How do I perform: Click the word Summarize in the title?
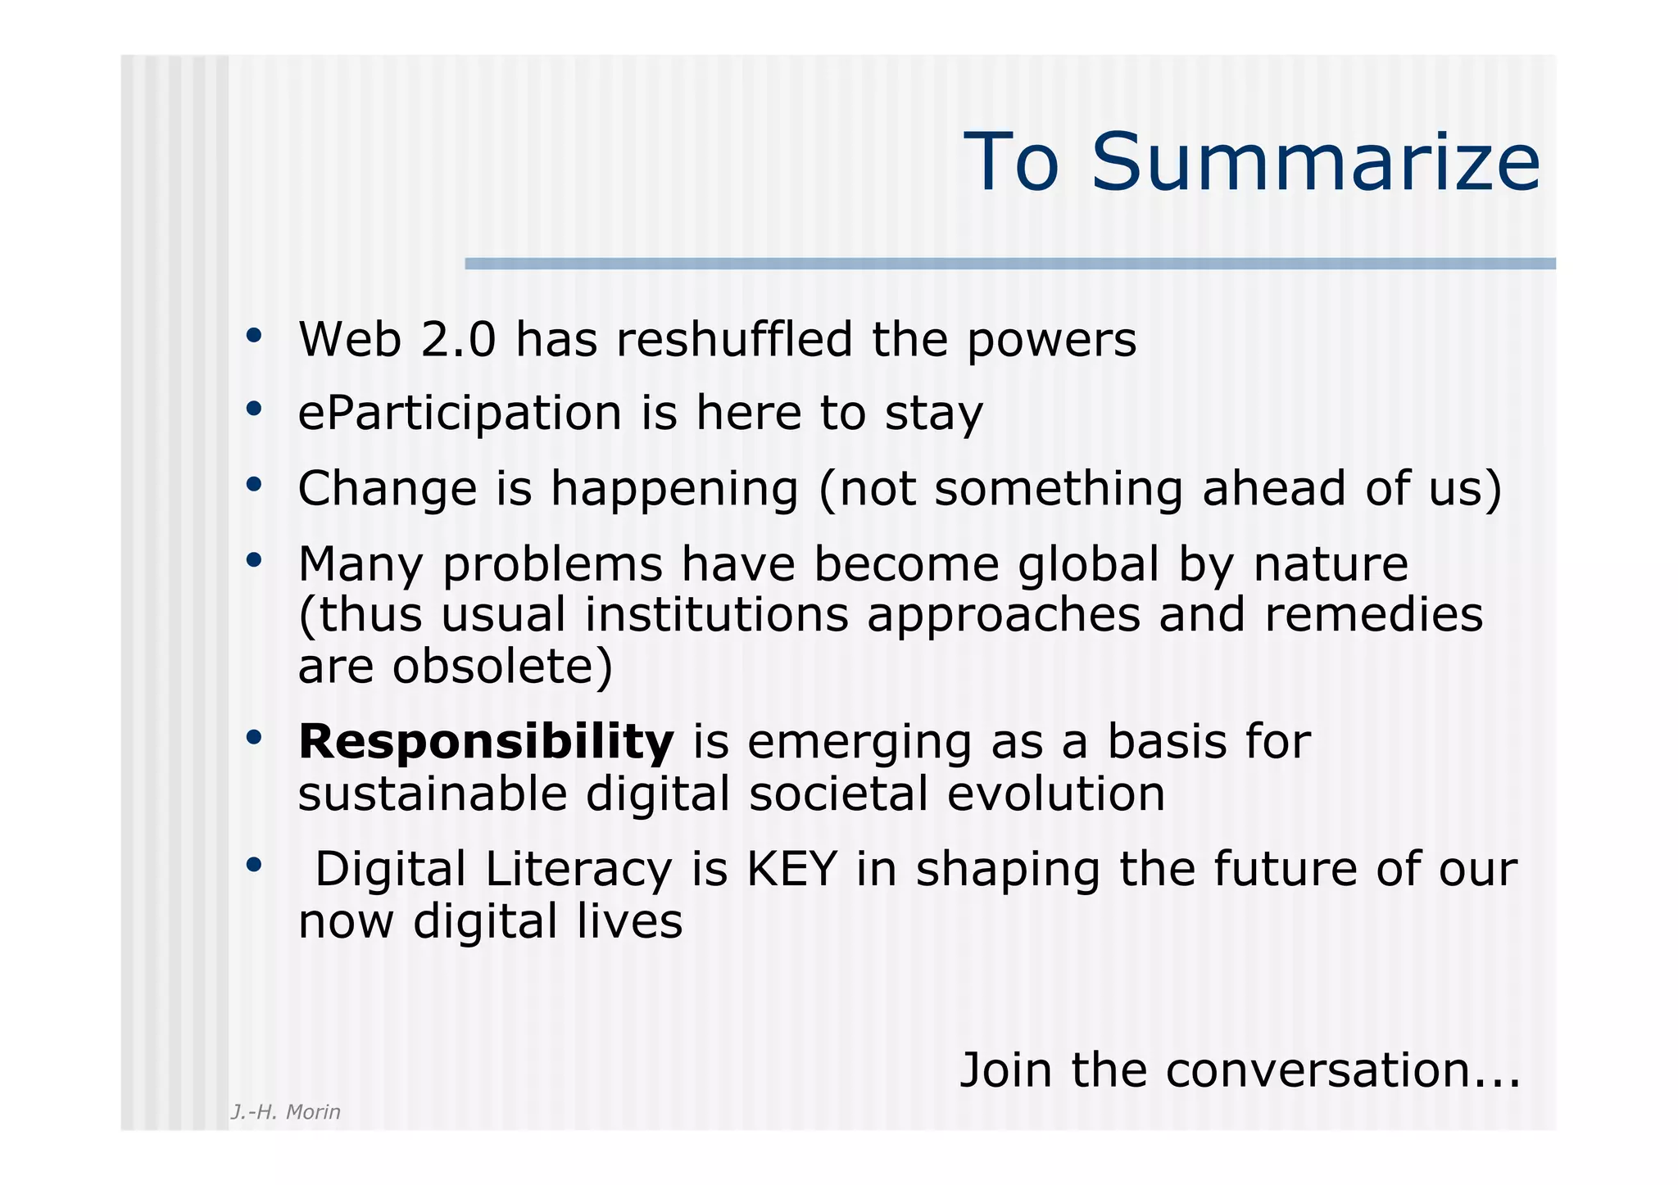pyautogui.click(x=1315, y=162)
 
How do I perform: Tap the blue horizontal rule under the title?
pyautogui.click(x=1009, y=264)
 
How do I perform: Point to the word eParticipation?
pyautogui.click(x=460, y=413)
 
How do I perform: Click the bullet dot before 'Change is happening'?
pyautogui.click(x=254, y=485)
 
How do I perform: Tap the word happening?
pyautogui.click(x=673, y=489)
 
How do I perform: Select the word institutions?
pyautogui.click(x=716, y=614)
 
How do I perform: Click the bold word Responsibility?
pyautogui.click(x=486, y=742)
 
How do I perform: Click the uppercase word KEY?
pyautogui.click(x=791, y=869)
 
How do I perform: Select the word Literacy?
pyautogui.click(x=578, y=871)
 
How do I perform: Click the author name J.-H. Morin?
pyautogui.click(x=285, y=1112)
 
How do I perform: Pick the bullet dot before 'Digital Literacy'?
pyautogui.click(x=254, y=865)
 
